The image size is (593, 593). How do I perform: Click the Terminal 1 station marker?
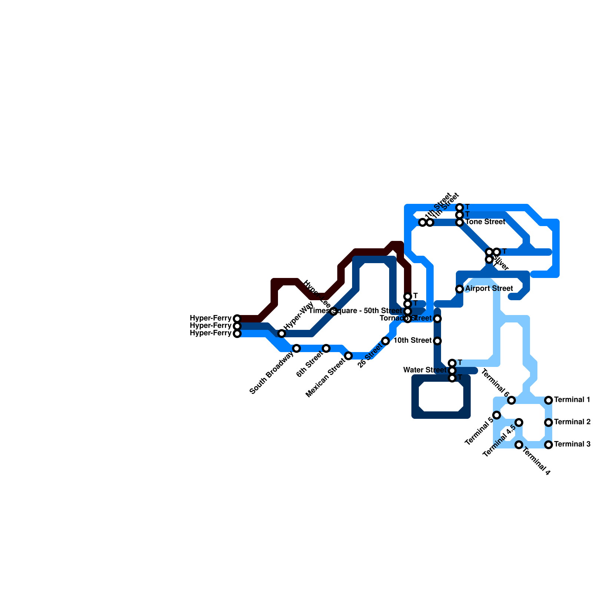tap(549, 400)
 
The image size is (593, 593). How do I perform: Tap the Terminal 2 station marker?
tap(549, 423)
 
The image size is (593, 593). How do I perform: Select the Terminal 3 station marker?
tap(549, 445)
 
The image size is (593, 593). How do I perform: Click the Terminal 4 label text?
tap(536, 462)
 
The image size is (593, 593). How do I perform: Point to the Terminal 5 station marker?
tap(497, 415)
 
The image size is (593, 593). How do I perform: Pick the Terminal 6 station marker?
tap(511, 400)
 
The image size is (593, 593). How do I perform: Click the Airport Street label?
tap(489, 289)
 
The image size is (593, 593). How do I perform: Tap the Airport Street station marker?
tap(460, 289)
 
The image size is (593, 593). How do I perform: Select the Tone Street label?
tap(485, 222)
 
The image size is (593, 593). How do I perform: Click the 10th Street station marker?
tap(437, 341)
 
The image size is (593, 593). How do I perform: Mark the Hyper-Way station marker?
tap(282, 334)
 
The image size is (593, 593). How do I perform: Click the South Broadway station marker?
tap(296, 348)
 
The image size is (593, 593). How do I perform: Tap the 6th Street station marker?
tap(326, 348)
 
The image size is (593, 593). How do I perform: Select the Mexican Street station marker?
tap(348, 356)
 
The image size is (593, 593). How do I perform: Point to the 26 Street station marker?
tap(385, 341)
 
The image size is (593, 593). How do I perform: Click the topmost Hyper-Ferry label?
tap(211, 318)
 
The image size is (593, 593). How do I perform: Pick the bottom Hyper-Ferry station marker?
tap(237, 334)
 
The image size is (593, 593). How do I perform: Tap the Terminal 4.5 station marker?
tap(519, 423)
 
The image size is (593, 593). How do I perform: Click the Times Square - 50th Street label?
tap(355, 311)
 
